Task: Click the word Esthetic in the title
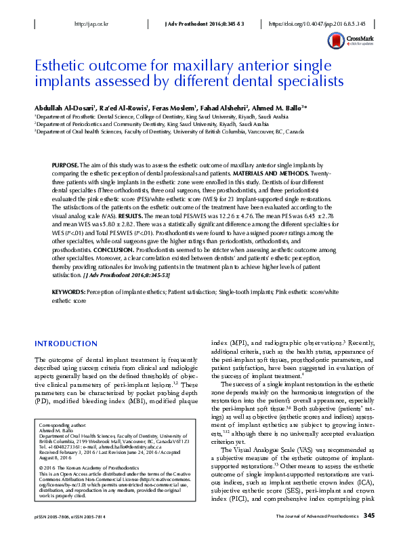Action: [x=59, y=66]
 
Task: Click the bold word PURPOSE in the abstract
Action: [x=65, y=165]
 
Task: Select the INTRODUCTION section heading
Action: [x=68, y=344]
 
